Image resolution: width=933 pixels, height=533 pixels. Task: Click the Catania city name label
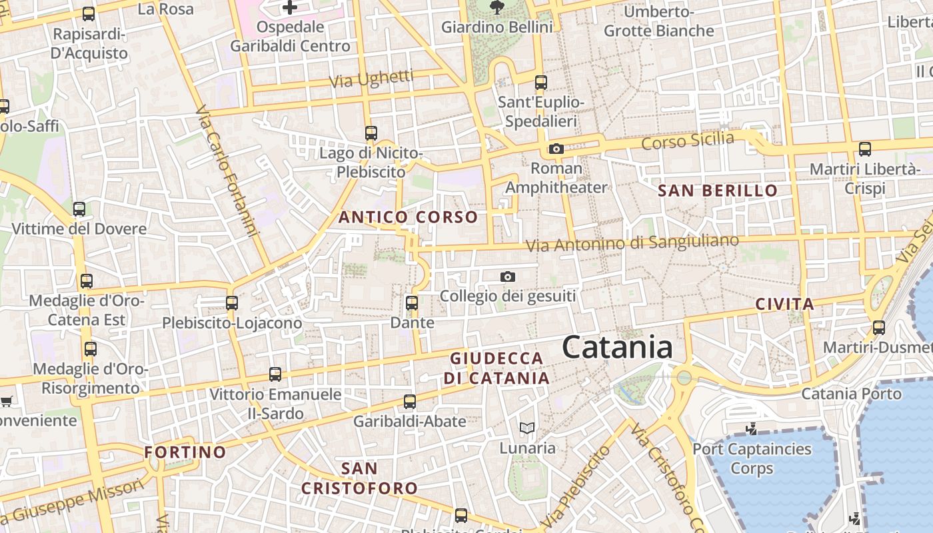(617, 348)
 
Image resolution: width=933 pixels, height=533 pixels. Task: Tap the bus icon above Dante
(412, 303)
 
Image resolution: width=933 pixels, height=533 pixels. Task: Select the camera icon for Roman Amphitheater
(556, 149)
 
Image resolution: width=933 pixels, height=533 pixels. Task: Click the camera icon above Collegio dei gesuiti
(508, 276)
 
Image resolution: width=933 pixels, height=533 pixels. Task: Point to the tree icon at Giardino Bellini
(496, 7)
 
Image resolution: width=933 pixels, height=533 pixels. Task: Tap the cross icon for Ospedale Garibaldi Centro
(290, 7)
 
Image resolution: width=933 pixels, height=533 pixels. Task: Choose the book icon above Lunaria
(527, 428)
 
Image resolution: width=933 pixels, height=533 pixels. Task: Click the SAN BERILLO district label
(718, 191)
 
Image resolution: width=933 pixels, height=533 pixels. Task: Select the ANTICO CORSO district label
(408, 217)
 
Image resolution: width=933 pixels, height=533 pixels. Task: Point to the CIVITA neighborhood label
(784, 304)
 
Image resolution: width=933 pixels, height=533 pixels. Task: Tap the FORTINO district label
(185, 452)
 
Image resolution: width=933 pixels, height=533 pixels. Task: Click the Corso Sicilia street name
(687, 141)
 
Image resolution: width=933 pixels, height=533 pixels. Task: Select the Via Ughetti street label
(372, 79)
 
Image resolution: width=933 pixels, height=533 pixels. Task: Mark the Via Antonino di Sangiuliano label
(632, 243)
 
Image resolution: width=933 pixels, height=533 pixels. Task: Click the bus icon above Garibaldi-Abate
(410, 402)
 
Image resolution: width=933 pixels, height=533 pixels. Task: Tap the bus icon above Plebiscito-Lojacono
(232, 303)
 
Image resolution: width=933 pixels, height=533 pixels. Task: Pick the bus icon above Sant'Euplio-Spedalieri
(541, 83)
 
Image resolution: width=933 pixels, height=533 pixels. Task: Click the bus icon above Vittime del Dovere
(79, 209)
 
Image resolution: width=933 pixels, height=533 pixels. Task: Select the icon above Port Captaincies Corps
(752, 429)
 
